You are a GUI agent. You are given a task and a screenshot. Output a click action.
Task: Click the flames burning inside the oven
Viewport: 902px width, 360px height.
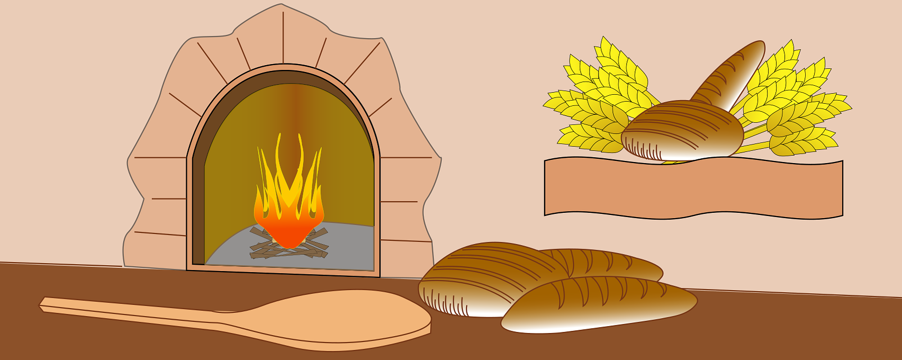288,201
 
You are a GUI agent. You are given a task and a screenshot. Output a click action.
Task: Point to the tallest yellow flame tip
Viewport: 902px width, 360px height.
279,139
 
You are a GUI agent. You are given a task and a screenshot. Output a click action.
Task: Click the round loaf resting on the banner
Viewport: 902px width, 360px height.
683,130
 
